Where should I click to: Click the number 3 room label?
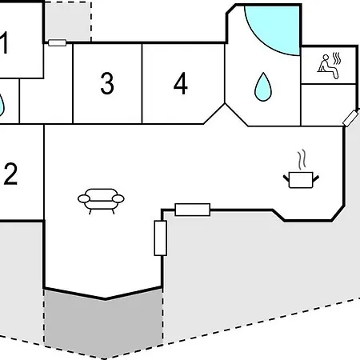pos(107,83)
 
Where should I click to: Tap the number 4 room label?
pos(181,83)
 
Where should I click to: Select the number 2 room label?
pos(10,174)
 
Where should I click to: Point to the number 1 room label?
pos(4,42)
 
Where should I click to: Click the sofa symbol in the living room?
pos(101,201)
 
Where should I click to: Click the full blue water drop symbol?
pos(263,87)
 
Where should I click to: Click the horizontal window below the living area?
pos(193,210)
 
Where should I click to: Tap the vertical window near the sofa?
pos(161,238)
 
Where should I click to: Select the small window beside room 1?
pos(58,42)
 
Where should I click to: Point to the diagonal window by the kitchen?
pos(350,118)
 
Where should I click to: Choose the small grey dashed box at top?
pos(68,22)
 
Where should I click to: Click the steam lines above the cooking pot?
pos(302,160)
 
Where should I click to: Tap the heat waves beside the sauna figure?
pos(337,58)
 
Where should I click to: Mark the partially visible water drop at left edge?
pos(2,105)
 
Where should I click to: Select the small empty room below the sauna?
pos(329,105)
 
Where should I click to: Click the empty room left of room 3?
pos(46,102)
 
